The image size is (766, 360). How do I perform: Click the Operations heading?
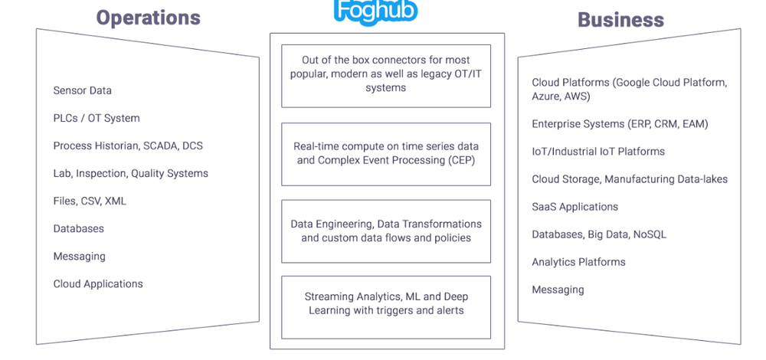pyautogui.click(x=148, y=18)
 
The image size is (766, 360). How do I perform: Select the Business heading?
pyautogui.click(x=620, y=19)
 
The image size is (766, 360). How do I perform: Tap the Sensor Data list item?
pyautogui.click(x=82, y=90)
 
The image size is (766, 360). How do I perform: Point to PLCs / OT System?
pyautogui.click(x=97, y=118)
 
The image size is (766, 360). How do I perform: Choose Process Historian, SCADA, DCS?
pyautogui.click(x=128, y=146)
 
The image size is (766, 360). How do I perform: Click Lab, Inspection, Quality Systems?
pyautogui.click(x=130, y=173)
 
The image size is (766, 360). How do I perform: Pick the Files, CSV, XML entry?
pyautogui.click(x=90, y=201)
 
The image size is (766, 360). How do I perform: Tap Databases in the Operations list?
pyautogui.click(x=78, y=228)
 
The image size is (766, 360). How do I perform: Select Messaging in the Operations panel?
pyautogui.click(x=79, y=256)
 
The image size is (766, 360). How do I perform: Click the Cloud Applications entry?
pyautogui.click(x=98, y=283)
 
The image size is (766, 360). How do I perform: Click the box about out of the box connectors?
pyautogui.click(x=386, y=74)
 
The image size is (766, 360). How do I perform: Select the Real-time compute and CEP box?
pyautogui.click(x=386, y=153)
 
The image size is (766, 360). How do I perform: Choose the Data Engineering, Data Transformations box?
pyautogui.click(x=386, y=231)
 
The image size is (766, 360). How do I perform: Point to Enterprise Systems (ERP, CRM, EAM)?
pyautogui.click(x=620, y=124)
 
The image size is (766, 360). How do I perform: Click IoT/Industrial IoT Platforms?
pyautogui.click(x=598, y=152)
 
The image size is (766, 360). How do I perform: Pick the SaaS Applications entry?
pyautogui.click(x=574, y=207)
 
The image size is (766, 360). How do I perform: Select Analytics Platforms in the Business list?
pyautogui.click(x=578, y=262)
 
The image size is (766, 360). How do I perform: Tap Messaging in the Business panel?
pyautogui.click(x=558, y=290)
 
